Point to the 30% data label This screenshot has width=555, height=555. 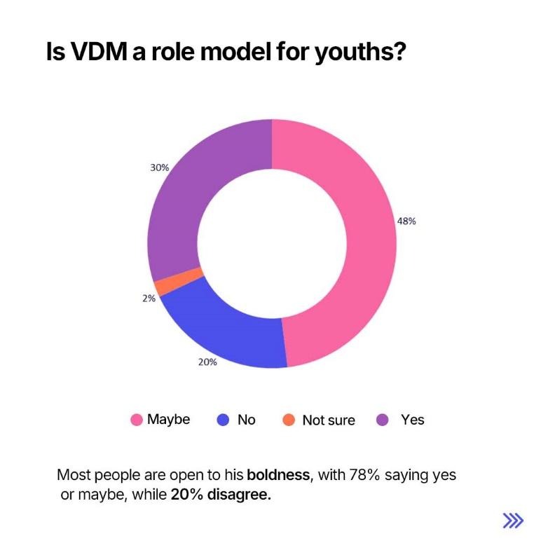160,168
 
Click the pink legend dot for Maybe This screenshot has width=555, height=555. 137,420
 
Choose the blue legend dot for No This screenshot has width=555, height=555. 224,420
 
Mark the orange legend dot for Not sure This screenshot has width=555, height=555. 287,420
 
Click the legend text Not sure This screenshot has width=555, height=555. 328,420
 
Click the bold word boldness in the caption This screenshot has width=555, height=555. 277,475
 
